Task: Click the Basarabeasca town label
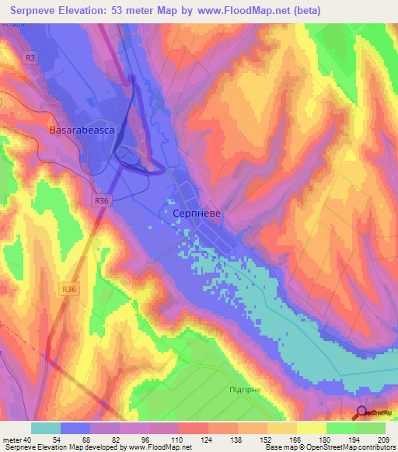point(82,130)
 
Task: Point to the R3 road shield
point(30,57)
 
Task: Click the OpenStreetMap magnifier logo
point(361,412)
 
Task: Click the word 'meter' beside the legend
point(12,440)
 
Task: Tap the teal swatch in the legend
point(46,428)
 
